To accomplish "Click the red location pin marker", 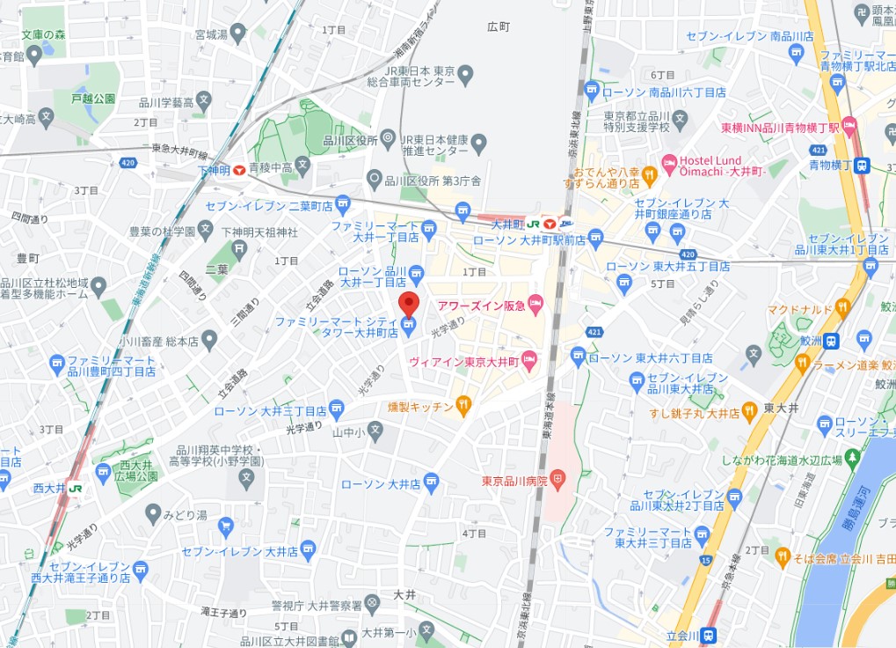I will [408, 304].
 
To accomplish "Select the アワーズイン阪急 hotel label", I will [480, 306].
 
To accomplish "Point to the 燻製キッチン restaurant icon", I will [463, 406].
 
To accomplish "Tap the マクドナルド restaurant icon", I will [842, 308].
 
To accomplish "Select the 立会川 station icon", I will [708, 635].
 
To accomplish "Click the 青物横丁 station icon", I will [863, 165].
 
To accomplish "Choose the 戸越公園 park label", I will [93, 99].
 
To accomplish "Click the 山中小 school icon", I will [375, 431].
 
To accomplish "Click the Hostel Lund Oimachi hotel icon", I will [669, 162].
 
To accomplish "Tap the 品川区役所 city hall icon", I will [388, 139].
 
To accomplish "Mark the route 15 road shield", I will [705, 559].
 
